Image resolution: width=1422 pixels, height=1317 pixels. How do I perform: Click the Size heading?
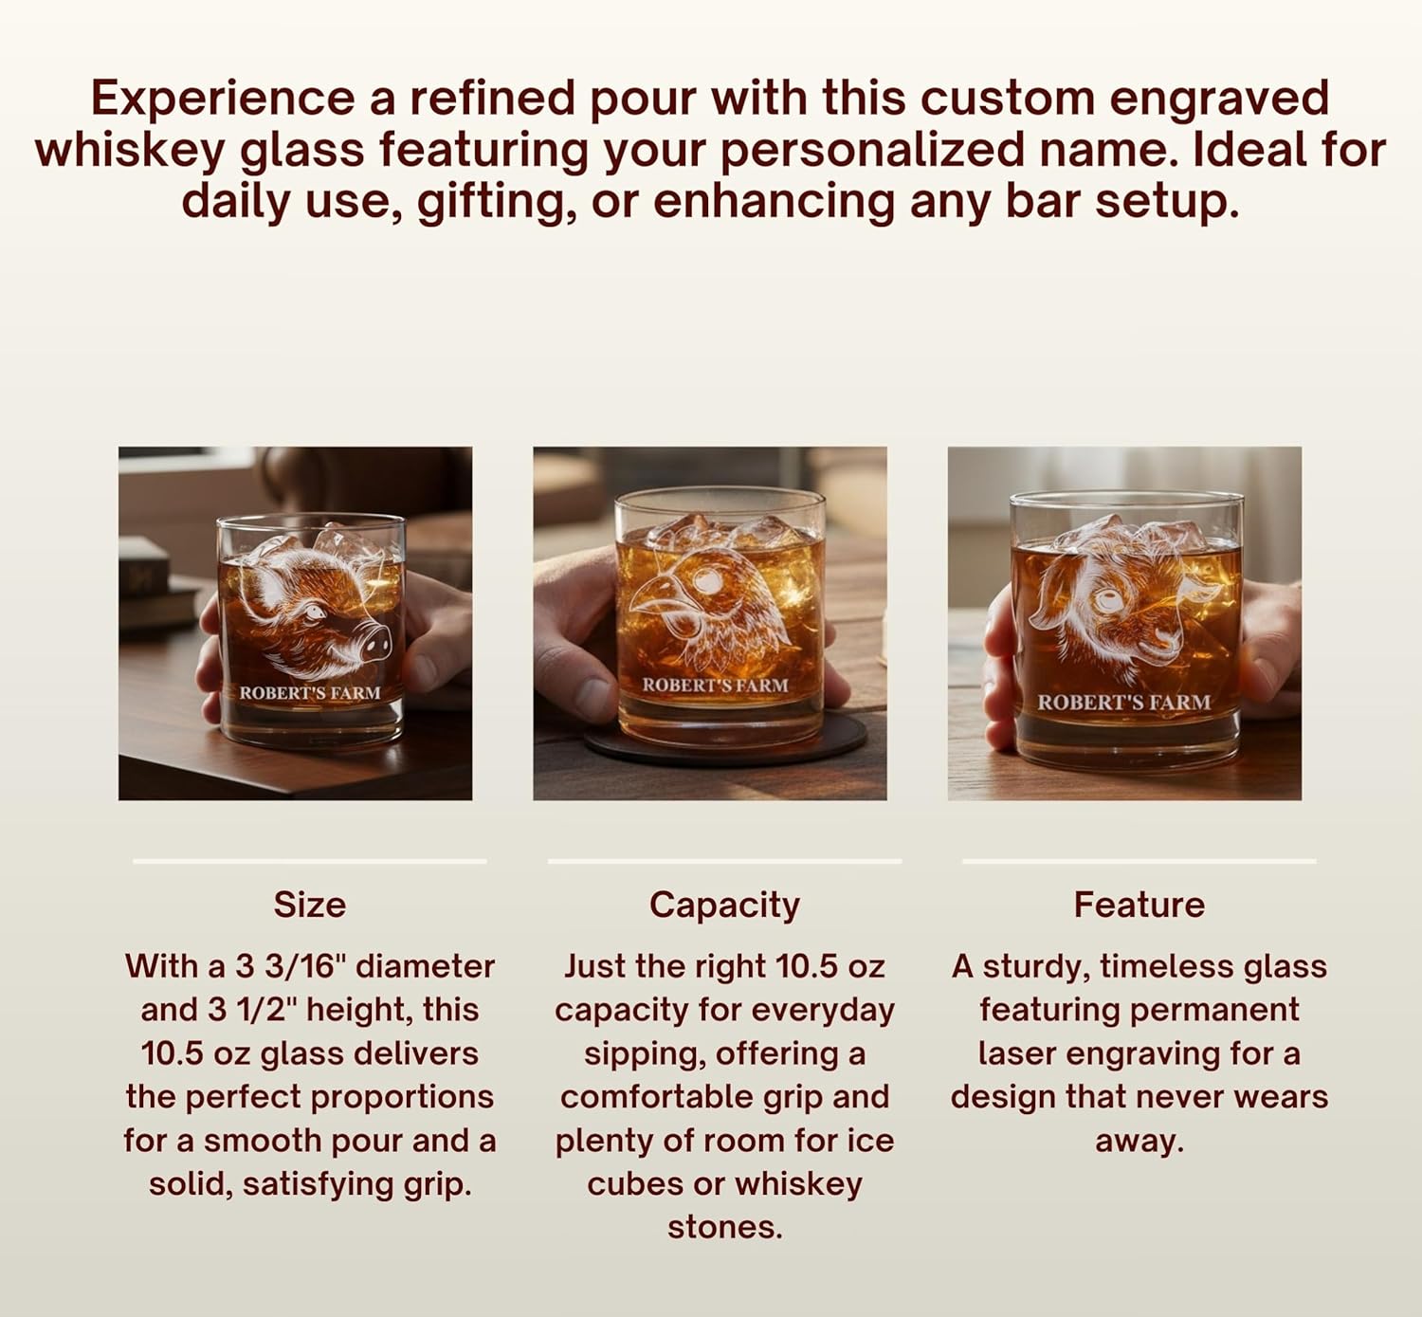309,905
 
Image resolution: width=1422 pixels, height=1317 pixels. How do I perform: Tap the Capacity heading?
724,905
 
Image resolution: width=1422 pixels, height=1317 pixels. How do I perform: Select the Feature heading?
1139,905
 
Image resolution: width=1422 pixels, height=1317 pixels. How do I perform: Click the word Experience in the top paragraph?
222,99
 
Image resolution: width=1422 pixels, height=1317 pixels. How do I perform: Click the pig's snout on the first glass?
374,644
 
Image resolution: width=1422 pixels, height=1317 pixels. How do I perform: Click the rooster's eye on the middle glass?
706,580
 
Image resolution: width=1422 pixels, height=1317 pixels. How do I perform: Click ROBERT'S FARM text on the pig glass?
309,693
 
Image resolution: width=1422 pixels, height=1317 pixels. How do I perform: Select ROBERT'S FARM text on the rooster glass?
715,685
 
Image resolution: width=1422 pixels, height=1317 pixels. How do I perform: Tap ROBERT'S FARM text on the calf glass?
1123,703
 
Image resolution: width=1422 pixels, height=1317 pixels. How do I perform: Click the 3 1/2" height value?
251,1010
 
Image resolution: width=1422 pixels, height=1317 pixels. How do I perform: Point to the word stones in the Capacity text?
724,1227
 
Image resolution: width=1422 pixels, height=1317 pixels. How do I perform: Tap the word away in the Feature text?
1139,1141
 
